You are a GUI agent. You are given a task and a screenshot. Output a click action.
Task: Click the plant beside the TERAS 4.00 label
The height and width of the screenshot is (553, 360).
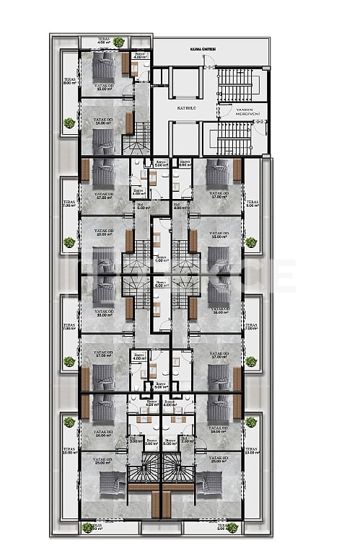pyautogui.click(x=118, y=43)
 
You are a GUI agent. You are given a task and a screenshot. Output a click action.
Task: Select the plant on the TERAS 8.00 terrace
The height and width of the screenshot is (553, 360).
pyautogui.click(x=69, y=123)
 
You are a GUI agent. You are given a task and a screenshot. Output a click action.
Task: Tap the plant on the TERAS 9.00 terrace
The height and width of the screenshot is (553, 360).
pyautogui.click(x=251, y=242)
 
